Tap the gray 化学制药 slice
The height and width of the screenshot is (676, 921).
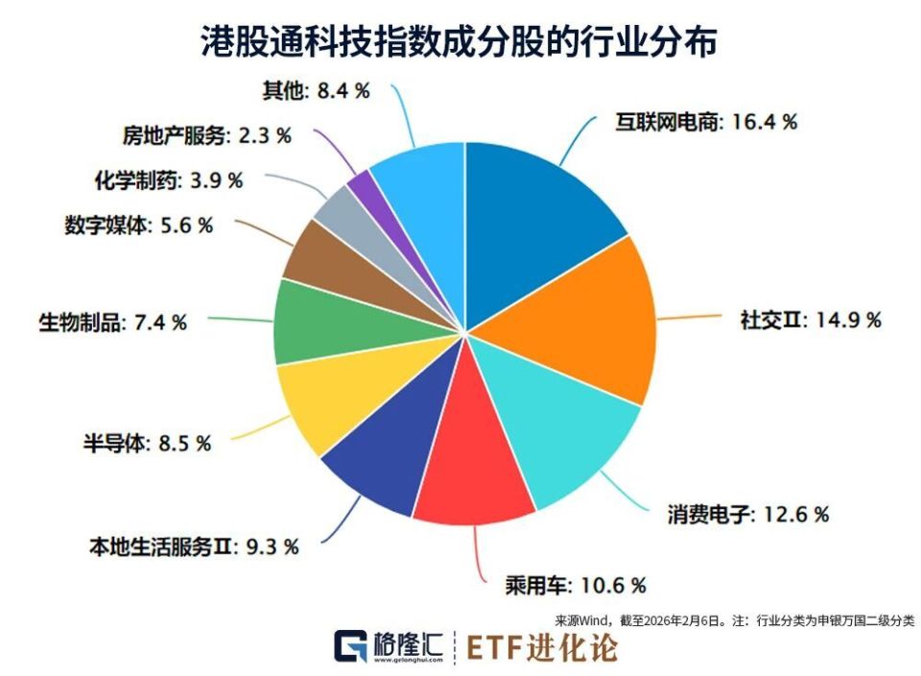[340, 206]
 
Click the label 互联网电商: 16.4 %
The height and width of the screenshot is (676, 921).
[706, 122]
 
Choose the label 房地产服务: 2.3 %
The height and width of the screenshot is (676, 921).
[207, 134]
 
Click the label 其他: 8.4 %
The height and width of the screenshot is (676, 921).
[316, 91]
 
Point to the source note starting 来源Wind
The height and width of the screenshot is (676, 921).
[735, 620]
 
